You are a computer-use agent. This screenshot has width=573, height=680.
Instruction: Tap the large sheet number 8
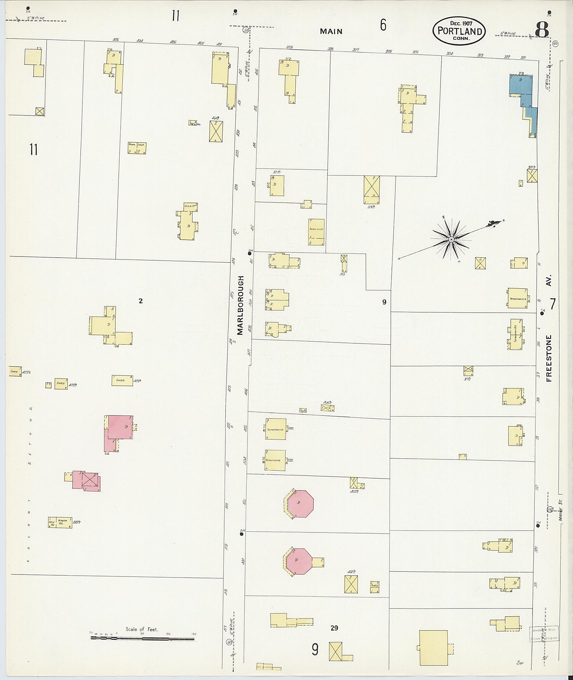coord(542,29)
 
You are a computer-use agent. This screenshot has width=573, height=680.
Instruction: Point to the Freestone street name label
coord(549,358)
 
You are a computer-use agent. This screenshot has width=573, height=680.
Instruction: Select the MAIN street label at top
coord(331,32)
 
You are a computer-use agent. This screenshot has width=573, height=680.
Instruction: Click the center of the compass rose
coord(451,239)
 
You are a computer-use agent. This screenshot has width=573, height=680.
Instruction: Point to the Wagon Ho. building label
coord(63,522)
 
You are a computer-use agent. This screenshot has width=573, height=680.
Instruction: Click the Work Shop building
coord(137,148)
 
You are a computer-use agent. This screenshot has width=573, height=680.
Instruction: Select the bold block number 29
coord(334,628)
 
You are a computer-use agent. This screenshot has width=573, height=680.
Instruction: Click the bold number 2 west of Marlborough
coord(141,301)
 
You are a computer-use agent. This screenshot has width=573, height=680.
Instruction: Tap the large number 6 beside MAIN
coord(383,25)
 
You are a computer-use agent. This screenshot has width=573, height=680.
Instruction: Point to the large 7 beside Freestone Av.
coord(552,304)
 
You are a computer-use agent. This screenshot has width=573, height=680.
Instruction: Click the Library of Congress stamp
coord(544,634)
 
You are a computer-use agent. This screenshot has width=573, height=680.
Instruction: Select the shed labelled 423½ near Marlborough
coord(122,380)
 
